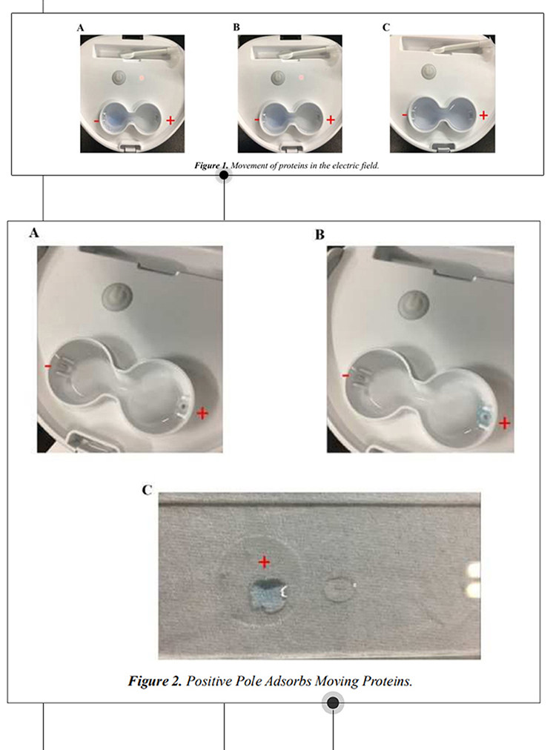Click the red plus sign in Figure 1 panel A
171,120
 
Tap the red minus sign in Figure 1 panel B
257,120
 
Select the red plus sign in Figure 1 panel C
483,116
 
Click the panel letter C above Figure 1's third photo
386,27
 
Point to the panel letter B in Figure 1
236,27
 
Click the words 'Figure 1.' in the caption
211,166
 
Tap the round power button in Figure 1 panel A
118,76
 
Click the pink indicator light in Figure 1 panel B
302,77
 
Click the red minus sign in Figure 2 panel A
48,367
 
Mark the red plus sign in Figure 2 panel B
504,423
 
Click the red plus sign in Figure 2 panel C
264,562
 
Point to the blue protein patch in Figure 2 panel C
267,595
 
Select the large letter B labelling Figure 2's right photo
320,235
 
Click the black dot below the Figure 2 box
333,703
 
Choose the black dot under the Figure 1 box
224,176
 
